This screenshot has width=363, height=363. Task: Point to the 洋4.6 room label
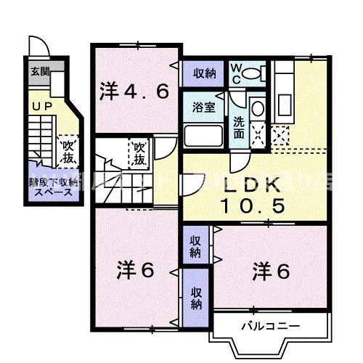135,91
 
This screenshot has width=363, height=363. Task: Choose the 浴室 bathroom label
203,107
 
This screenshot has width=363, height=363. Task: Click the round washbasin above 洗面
257,110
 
